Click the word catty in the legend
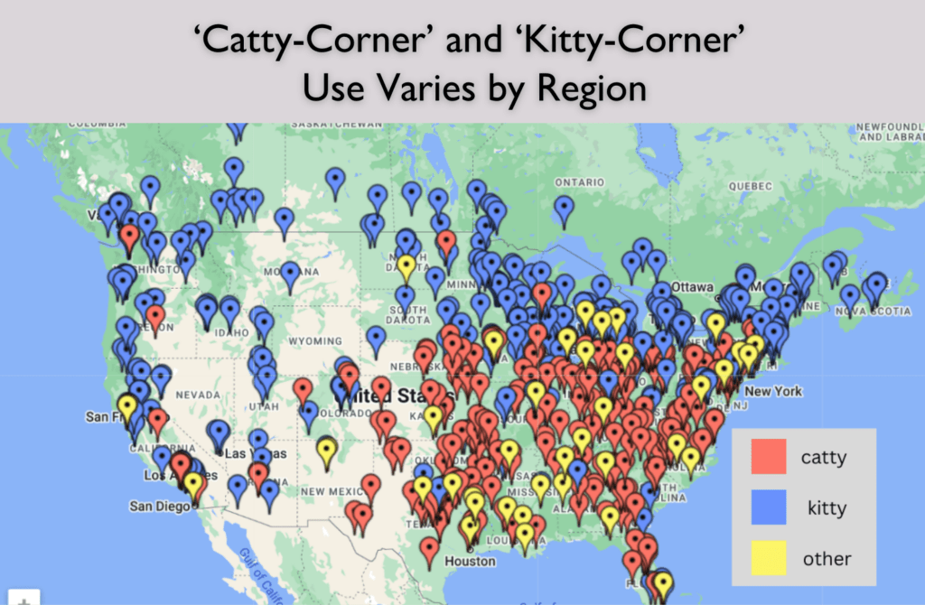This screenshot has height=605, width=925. click(824, 457)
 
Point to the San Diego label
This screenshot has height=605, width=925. click(161, 506)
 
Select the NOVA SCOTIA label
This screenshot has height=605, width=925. click(875, 312)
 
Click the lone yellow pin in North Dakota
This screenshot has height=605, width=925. click(406, 265)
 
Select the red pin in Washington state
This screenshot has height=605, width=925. click(130, 237)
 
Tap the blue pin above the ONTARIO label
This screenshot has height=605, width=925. click(565, 209)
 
